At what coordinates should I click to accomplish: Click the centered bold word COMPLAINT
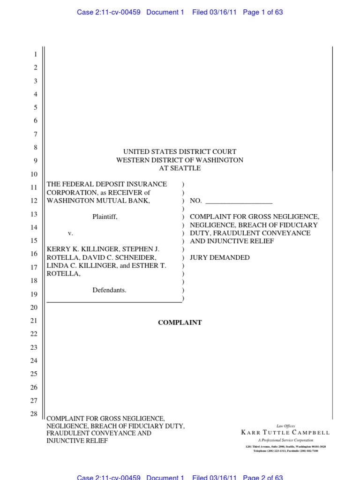click(180, 322)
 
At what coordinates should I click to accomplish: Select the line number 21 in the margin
click(33, 321)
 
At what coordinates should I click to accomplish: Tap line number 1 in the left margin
click(35, 55)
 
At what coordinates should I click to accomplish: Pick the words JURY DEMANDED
click(219, 257)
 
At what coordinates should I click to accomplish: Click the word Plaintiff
click(105, 217)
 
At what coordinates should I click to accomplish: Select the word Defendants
click(109, 290)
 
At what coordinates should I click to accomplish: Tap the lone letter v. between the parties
click(71, 233)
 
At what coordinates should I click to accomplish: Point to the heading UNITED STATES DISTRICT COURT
click(180, 152)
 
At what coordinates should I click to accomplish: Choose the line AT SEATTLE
click(180, 168)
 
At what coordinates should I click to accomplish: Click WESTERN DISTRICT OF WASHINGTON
click(180, 160)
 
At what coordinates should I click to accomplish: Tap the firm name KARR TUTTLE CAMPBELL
click(285, 433)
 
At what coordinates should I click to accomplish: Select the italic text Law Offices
click(286, 426)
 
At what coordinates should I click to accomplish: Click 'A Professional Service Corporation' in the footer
click(285, 441)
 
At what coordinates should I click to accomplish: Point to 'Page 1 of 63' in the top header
click(263, 12)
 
